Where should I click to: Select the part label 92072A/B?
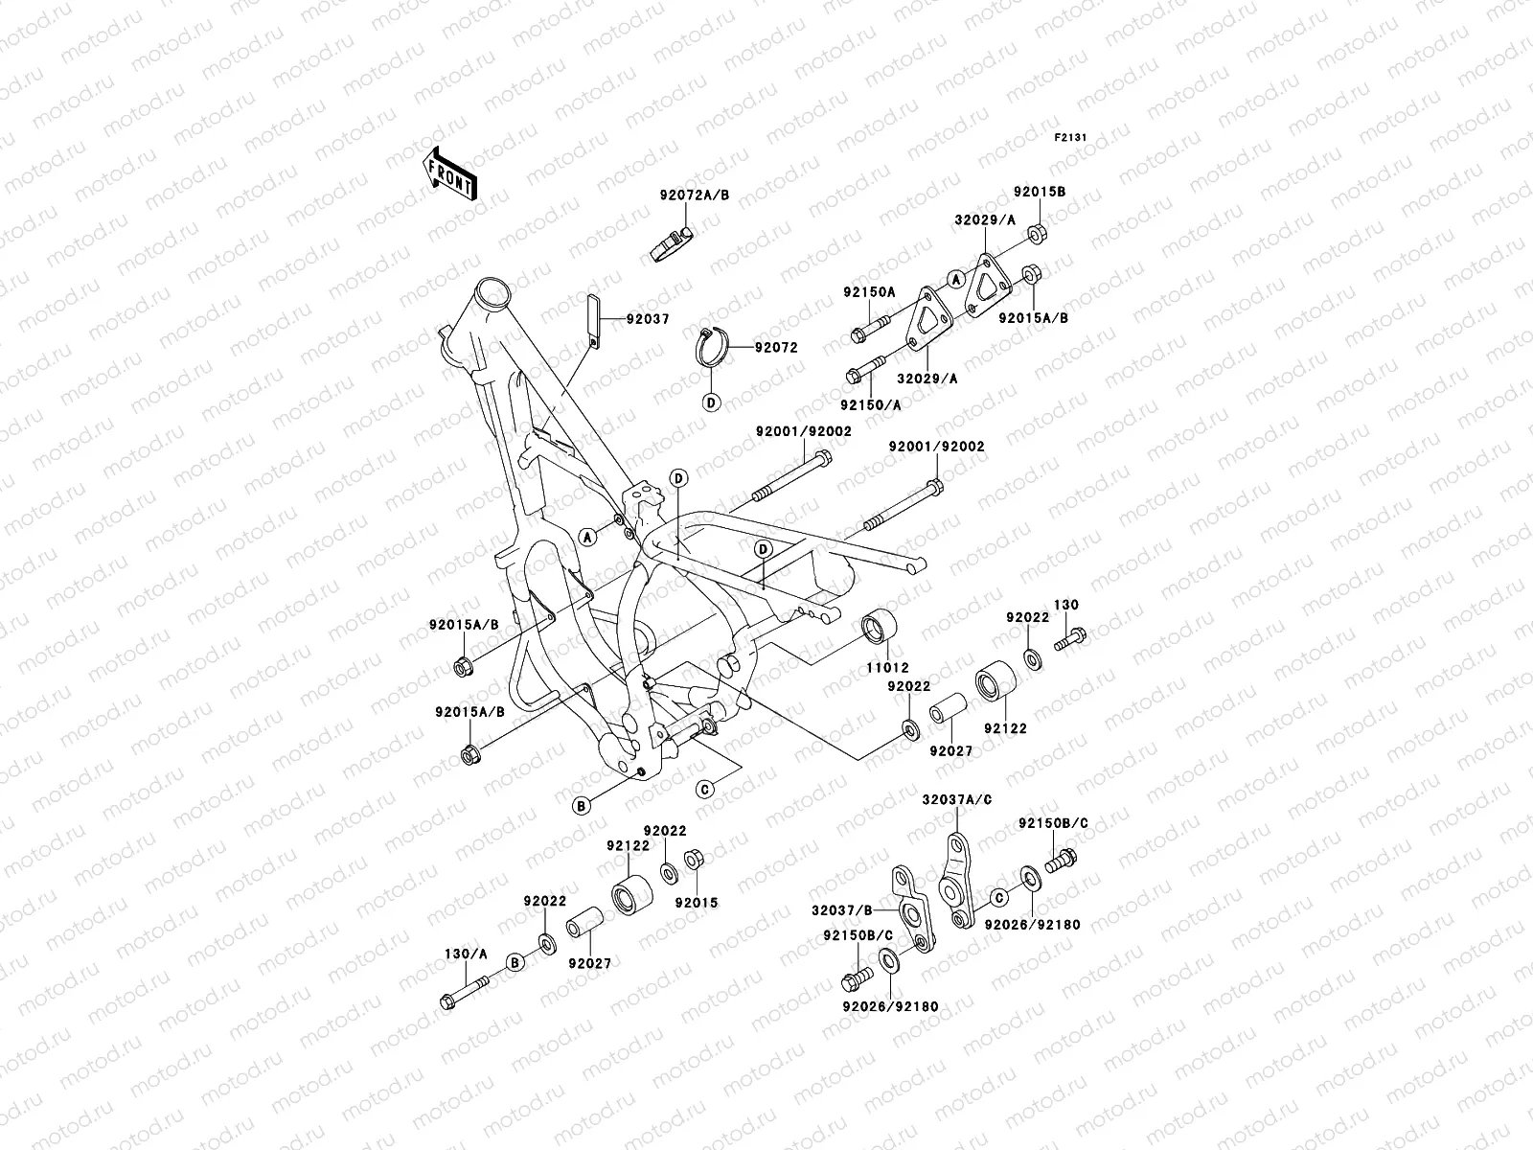pos(695,195)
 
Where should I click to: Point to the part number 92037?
pos(649,319)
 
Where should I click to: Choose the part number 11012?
pos(891,667)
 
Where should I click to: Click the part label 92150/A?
pos(872,404)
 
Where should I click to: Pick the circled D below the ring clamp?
pos(711,402)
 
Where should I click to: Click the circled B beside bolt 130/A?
pos(515,961)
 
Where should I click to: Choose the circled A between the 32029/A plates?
pos(954,279)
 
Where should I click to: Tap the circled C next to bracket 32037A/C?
pos(997,897)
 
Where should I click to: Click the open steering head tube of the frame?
pos(492,290)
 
